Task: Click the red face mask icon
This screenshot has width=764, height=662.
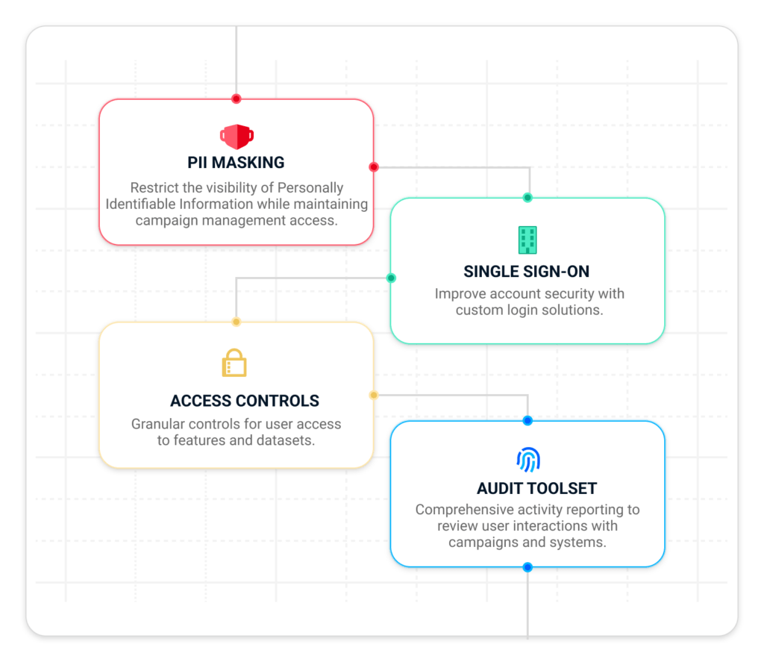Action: (x=237, y=137)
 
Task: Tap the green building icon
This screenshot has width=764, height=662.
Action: (x=527, y=240)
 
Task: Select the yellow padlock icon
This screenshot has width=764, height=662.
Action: (x=234, y=363)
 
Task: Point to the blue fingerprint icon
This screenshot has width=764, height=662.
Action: (x=528, y=460)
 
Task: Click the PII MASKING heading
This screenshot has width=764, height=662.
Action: (x=236, y=163)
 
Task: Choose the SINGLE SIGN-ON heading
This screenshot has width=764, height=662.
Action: (x=526, y=272)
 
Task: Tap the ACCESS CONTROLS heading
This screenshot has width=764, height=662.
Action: (x=245, y=401)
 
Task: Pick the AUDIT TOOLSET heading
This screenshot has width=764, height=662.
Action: (x=536, y=488)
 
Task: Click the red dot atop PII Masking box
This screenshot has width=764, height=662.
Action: (x=237, y=99)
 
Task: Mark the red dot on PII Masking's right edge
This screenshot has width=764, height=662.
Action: (x=374, y=167)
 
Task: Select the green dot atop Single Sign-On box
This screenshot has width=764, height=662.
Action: (x=527, y=198)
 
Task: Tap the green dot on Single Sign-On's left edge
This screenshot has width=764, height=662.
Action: (x=391, y=278)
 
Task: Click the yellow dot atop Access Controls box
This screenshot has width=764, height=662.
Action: (x=237, y=322)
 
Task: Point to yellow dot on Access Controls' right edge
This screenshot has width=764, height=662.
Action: (x=374, y=395)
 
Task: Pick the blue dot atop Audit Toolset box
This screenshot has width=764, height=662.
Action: (x=527, y=421)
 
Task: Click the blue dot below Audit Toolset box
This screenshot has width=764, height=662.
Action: (x=527, y=567)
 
